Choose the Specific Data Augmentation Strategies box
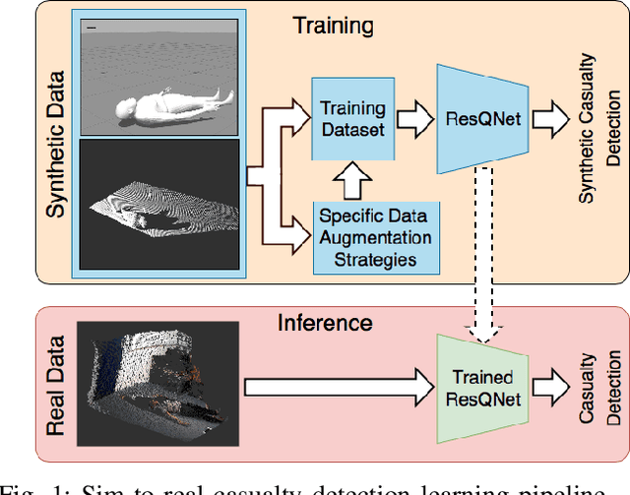373,236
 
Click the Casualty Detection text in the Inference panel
601,390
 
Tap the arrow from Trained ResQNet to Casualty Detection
545,388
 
